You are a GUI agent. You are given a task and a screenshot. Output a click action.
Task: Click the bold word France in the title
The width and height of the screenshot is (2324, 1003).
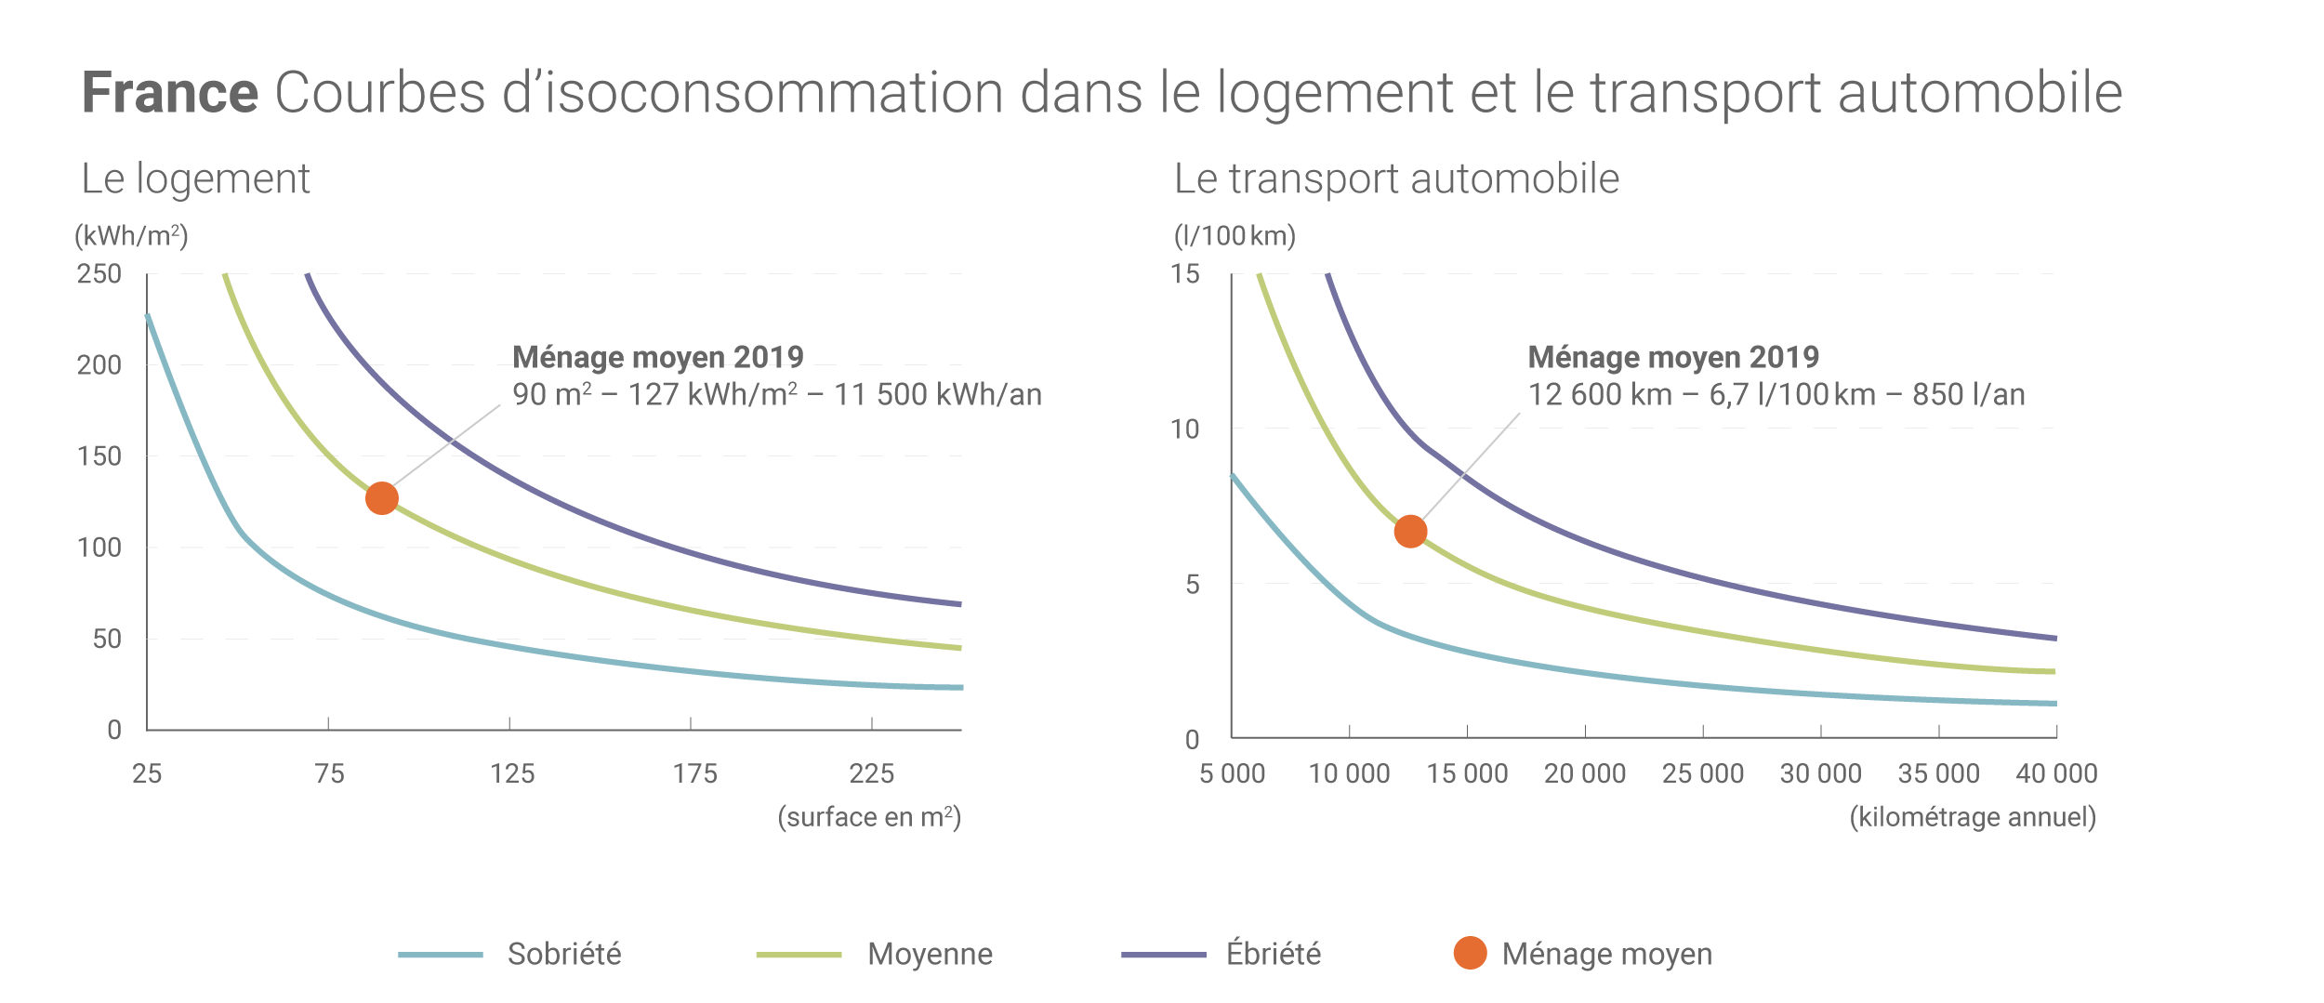coord(169,93)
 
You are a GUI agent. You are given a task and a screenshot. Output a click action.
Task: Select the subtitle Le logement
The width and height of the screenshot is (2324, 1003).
coord(195,178)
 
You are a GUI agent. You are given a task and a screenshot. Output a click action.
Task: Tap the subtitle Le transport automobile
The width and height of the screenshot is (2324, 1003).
coord(1396,178)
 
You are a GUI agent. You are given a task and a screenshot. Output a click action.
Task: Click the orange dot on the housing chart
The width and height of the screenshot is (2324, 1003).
coord(382,498)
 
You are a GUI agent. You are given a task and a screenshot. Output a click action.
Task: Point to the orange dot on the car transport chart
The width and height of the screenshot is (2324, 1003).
coord(1410,532)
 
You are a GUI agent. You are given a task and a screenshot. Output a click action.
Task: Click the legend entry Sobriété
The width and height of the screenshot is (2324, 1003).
coord(564,954)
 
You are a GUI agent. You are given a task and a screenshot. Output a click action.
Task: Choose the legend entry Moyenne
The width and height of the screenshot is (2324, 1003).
coord(930,954)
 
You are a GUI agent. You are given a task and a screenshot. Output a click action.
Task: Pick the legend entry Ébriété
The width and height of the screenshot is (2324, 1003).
coord(1273,954)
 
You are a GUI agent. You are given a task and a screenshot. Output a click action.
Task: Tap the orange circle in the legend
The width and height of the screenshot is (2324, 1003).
coord(1470,953)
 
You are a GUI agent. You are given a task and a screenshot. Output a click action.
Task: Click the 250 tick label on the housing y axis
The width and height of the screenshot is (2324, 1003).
coord(99,274)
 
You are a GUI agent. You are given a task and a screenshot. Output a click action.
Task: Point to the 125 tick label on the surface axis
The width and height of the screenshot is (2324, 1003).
coord(512,773)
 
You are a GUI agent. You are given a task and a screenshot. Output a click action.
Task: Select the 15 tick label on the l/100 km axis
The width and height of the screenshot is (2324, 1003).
coord(1185,274)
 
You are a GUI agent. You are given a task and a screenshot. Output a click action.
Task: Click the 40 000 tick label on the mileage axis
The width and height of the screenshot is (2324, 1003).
coord(2056,773)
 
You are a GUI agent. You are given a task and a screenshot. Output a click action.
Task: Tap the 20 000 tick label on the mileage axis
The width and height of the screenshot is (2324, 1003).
coord(1585,773)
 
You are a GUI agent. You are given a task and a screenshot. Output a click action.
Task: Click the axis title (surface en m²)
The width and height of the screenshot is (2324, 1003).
coord(869,817)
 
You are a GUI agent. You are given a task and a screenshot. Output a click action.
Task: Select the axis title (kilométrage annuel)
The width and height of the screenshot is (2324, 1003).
coord(1973,817)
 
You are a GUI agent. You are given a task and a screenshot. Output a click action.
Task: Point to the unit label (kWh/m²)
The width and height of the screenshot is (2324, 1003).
coord(131,236)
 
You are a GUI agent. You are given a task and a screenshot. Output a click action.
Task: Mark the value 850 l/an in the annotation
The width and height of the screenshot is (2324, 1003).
coord(1968,395)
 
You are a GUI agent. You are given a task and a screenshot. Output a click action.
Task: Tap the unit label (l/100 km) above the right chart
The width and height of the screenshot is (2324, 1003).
coord(1235,236)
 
